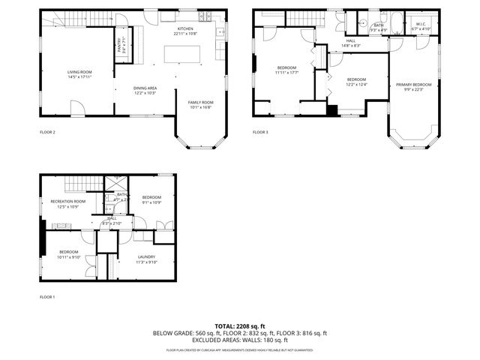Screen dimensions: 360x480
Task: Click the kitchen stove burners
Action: [220, 33]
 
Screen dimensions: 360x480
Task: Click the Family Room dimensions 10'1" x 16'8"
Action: [200, 106]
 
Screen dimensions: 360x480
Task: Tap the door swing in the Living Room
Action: [78, 110]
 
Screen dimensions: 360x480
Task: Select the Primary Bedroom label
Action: [413, 85]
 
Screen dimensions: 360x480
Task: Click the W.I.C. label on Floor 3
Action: [420, 25]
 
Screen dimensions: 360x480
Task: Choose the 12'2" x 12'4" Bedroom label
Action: [356, 80]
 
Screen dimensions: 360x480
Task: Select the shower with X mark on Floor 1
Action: [115, 181]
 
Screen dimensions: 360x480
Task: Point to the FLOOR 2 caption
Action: [47, 132]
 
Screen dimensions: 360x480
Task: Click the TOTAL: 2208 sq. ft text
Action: [240, 326]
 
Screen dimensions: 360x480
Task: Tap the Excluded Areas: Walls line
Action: [240, 340]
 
